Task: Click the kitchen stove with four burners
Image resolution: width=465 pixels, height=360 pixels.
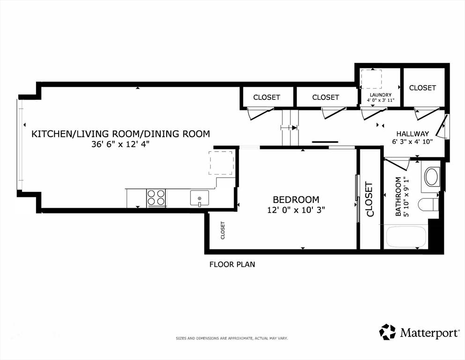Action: coord(156,198)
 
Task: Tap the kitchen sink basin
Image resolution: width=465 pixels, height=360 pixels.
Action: coord(199,198)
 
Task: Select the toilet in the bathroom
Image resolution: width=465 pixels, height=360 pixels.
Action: coord(428,204)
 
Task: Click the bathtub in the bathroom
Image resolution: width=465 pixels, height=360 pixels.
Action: coord(406,237)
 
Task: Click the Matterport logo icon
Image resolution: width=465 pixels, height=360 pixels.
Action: coord(387,332)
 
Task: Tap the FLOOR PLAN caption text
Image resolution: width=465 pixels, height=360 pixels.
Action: coord(232,264)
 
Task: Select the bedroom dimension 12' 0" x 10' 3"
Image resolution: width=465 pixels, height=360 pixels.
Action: coord(296,210)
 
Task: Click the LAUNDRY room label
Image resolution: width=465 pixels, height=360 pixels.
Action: coord(381,95)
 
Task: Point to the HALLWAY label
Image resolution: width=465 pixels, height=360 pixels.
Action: coord(413,134)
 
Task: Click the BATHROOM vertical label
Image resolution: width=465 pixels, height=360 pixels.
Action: coord(399,196)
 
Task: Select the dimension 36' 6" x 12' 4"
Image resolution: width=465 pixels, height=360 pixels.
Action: coord(120,144)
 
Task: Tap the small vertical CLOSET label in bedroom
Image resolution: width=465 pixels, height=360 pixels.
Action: coord(223,230)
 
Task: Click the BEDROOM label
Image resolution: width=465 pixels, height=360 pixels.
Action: coord(296,199)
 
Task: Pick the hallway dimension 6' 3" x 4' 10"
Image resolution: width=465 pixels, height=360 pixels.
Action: coord(413,142)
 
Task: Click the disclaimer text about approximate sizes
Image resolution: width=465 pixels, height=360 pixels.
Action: coord(232,338)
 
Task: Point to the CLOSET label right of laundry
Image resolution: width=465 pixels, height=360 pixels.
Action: coord(422,88)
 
